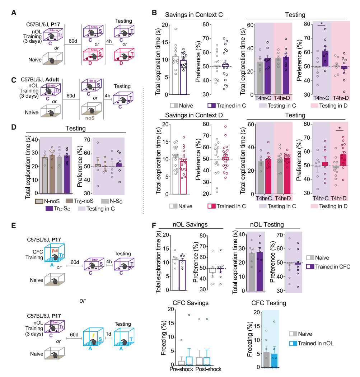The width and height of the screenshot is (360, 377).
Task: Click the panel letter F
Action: pyautogui.click(x=154, y=226)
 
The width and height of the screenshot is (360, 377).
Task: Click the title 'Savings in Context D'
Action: pyautogui.click(x=194, y=116)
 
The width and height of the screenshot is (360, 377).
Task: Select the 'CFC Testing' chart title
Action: pyautogui.click(x=269, y=303)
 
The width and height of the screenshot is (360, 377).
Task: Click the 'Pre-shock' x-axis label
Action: pyautogui.click(x=182, y=369)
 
